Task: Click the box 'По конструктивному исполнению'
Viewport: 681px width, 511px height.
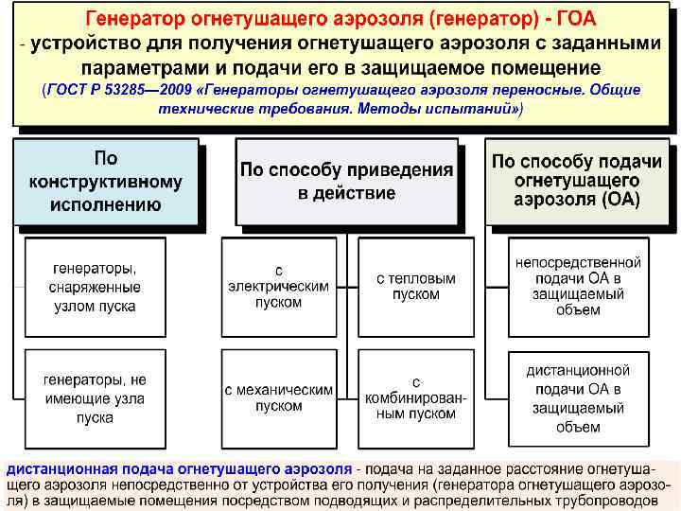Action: point(106,182)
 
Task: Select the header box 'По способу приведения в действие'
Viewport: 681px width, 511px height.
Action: point(346,182)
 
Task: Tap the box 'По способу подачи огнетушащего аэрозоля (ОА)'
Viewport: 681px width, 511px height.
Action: point(577,181)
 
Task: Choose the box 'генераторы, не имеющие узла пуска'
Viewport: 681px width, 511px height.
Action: point(95,398)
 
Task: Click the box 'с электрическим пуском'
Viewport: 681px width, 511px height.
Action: point(279,287)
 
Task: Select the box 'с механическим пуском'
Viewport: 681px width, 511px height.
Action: point(279,397)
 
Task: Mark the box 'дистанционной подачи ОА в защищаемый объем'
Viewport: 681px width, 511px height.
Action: point(579,398)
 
